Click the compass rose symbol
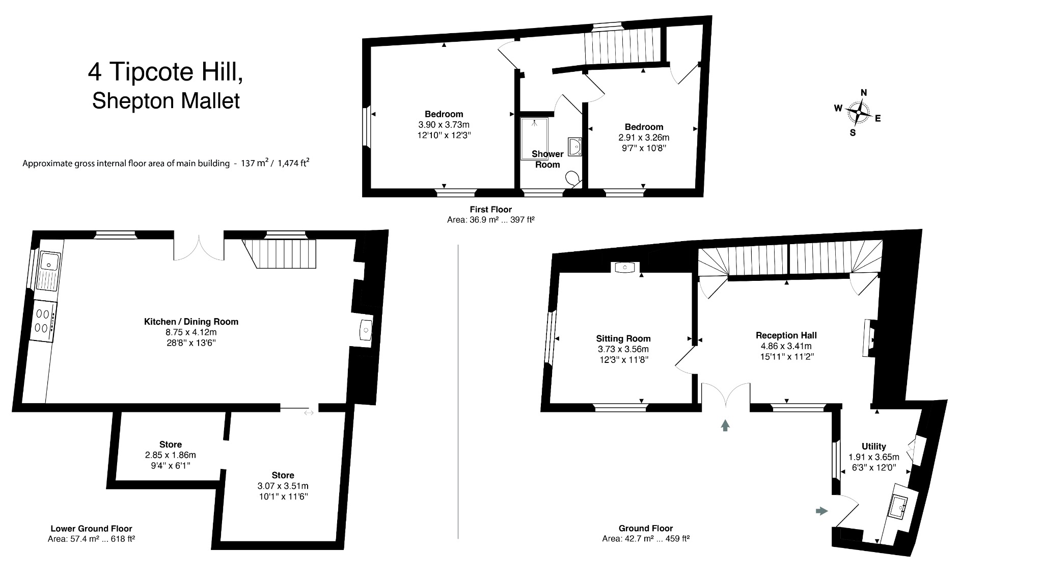pyautogui.click(x=859, y=113)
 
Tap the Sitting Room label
pyautogui.click(x=623, y=338)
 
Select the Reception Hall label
pyautogui.click(x=786, y=335)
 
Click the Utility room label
pyautogui.click(x=873, y=446)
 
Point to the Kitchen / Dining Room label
pyautogui.click(x=191, y=322)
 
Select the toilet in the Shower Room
pyautogui.click(x=573, y=178)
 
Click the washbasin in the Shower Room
pyautogui.click(x=575, y=146)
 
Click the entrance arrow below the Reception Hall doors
pyautogui.click(x=725, y=425)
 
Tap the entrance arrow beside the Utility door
pyautogui.click(x=821, y=511)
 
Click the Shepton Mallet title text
pyautogui.click(x=166, y=100)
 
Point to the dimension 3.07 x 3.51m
pyautogui.click(x=283, y=486)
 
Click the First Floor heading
pyautogui.click(x=490, y=209)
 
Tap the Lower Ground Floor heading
pyautogui.click(x=91, y=529)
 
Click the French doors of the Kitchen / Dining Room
pyautogui.click(x=199, y=247)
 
